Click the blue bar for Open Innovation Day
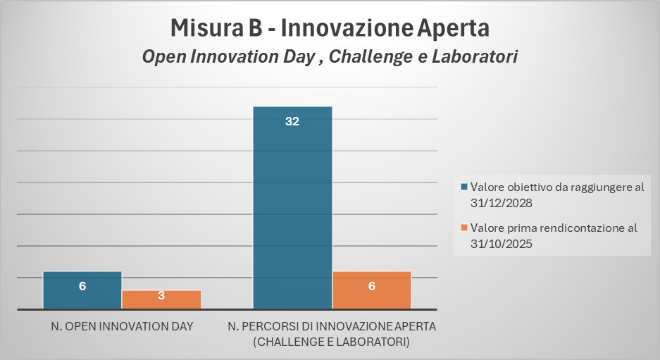pos(82,290)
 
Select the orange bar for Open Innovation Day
pos(161,299)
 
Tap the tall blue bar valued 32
pos(292,208)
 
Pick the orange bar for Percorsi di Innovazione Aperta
pos(372,290)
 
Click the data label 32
pos(292,121)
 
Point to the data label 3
pos(161,296)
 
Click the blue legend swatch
pos(464,187)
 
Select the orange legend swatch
pos(464,228)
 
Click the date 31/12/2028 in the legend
pos(502,203)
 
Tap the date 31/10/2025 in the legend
pos(502,244)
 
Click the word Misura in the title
pos(206,27)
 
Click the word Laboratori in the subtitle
pos(475,56)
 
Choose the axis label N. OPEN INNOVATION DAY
pos(122,326)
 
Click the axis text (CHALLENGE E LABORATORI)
pos(331,342)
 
